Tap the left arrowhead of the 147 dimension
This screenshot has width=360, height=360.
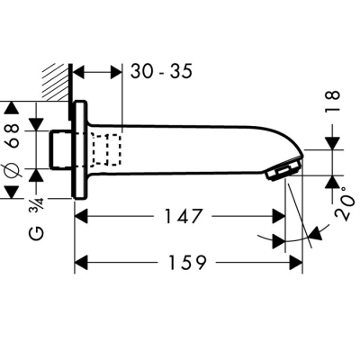tap(80, 217)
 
